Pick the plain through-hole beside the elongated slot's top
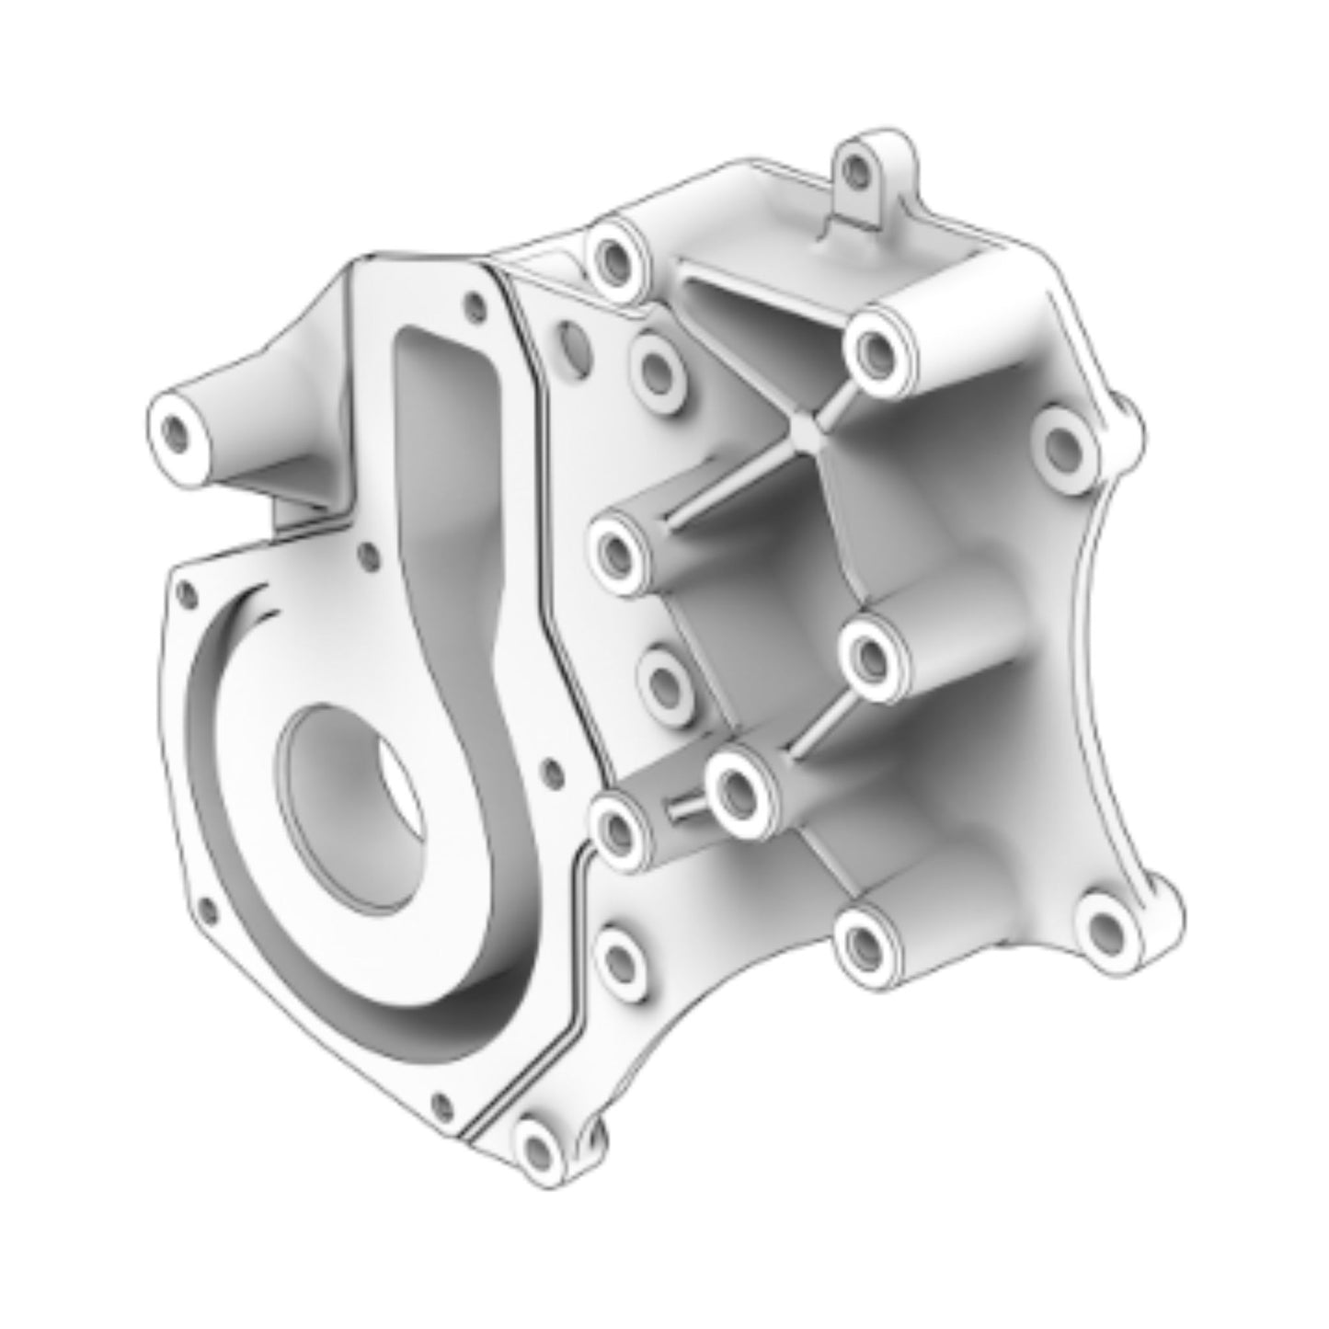[x=571, y=341]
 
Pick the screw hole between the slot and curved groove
[x=368, y=555]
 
